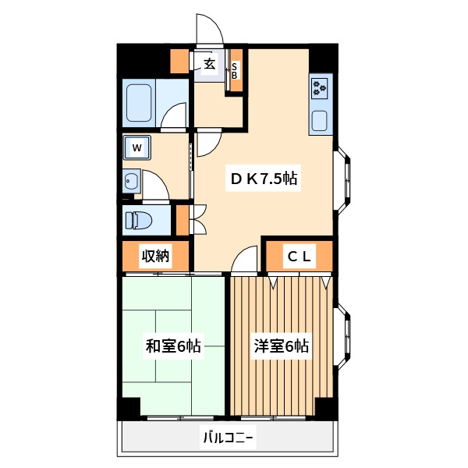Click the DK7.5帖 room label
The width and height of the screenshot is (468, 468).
click(264, 179)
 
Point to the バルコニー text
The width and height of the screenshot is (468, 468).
click(228, 438)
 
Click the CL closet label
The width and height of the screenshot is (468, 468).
click(299, 257)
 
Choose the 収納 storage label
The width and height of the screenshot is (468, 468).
click(155, 256)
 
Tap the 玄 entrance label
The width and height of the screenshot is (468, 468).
click(209, 64)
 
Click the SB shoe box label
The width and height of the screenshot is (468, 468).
click(234, 71)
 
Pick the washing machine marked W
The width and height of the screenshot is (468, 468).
click(137, 147)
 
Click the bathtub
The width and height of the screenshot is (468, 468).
click(139, 103)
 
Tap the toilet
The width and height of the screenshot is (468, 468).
click(139, 220)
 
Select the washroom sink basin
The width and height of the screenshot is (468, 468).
click(131, 181)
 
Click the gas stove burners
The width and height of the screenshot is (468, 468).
click(320, 88)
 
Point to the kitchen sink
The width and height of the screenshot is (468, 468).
click(320, 121)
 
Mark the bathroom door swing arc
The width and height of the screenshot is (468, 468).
click(174, 116)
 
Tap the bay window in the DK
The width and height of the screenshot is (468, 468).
click(342, 179)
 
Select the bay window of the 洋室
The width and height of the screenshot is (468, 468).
click(342, 336)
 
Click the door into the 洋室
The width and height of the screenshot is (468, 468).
click(244, 259)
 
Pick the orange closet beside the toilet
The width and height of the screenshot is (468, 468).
click(183, 220)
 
